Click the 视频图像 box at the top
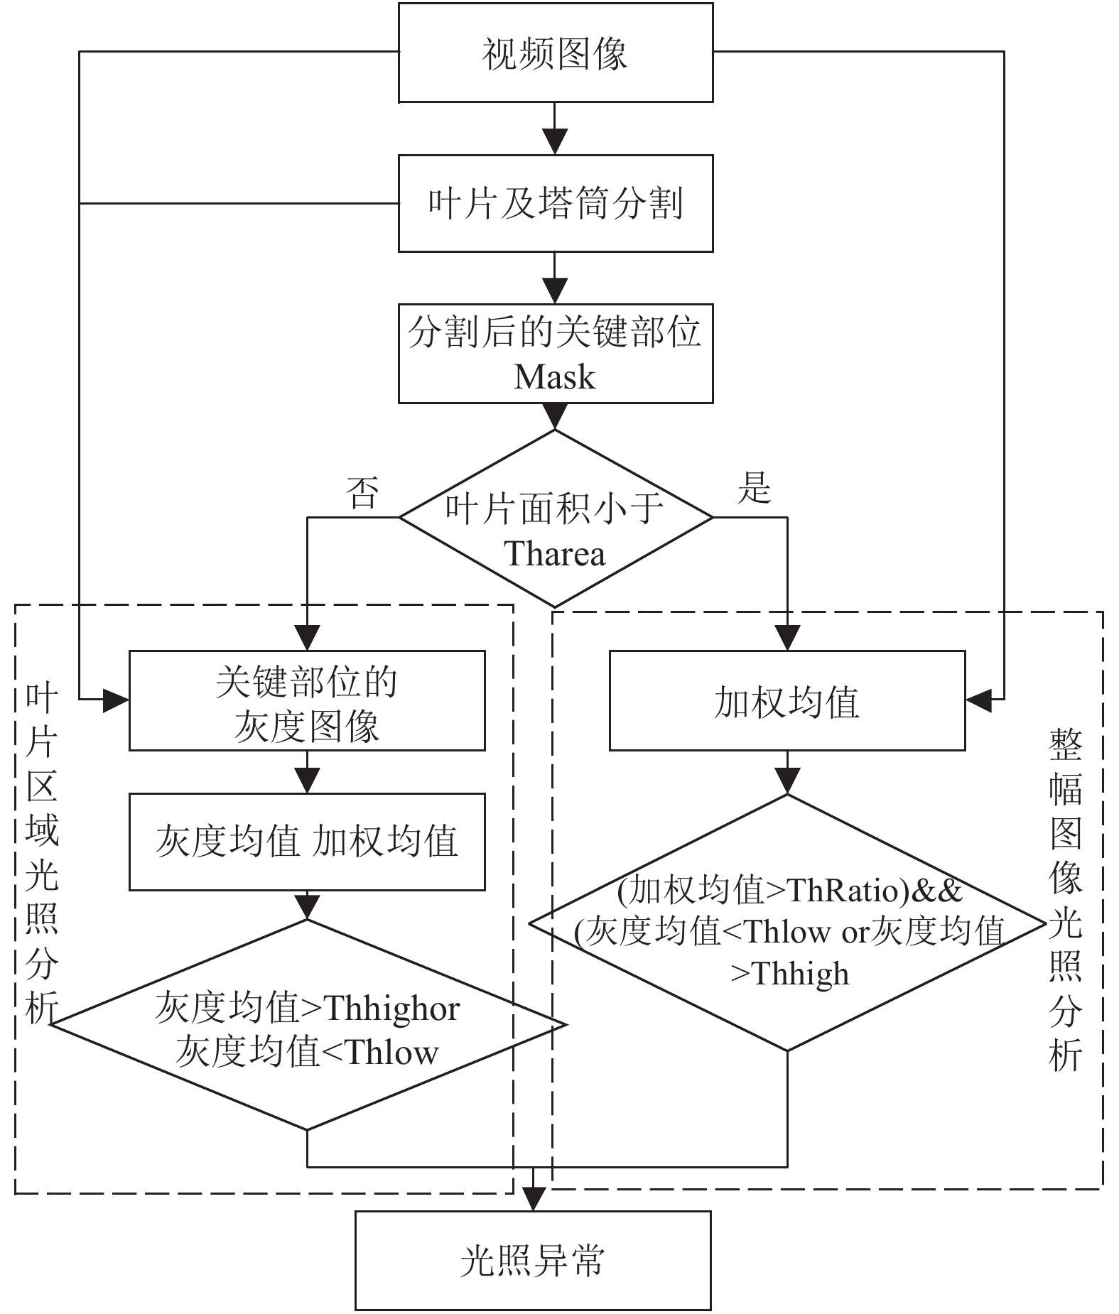[x=555, y=53]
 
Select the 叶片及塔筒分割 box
[x=555, y=203]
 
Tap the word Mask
[x=555, y=376]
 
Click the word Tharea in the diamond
[x=555, y=553]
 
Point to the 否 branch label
[x=362, y=492]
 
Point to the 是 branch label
[x=755, y=487]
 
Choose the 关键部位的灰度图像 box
[x=307, y=700]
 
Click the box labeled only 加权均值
[x=787, y=700]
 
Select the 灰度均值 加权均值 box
[x=307, y=842]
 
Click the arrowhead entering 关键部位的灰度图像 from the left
[x=116, y=700]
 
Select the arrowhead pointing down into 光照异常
[x=533, y=1199]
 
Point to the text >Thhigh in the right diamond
[x=790, y=974]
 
